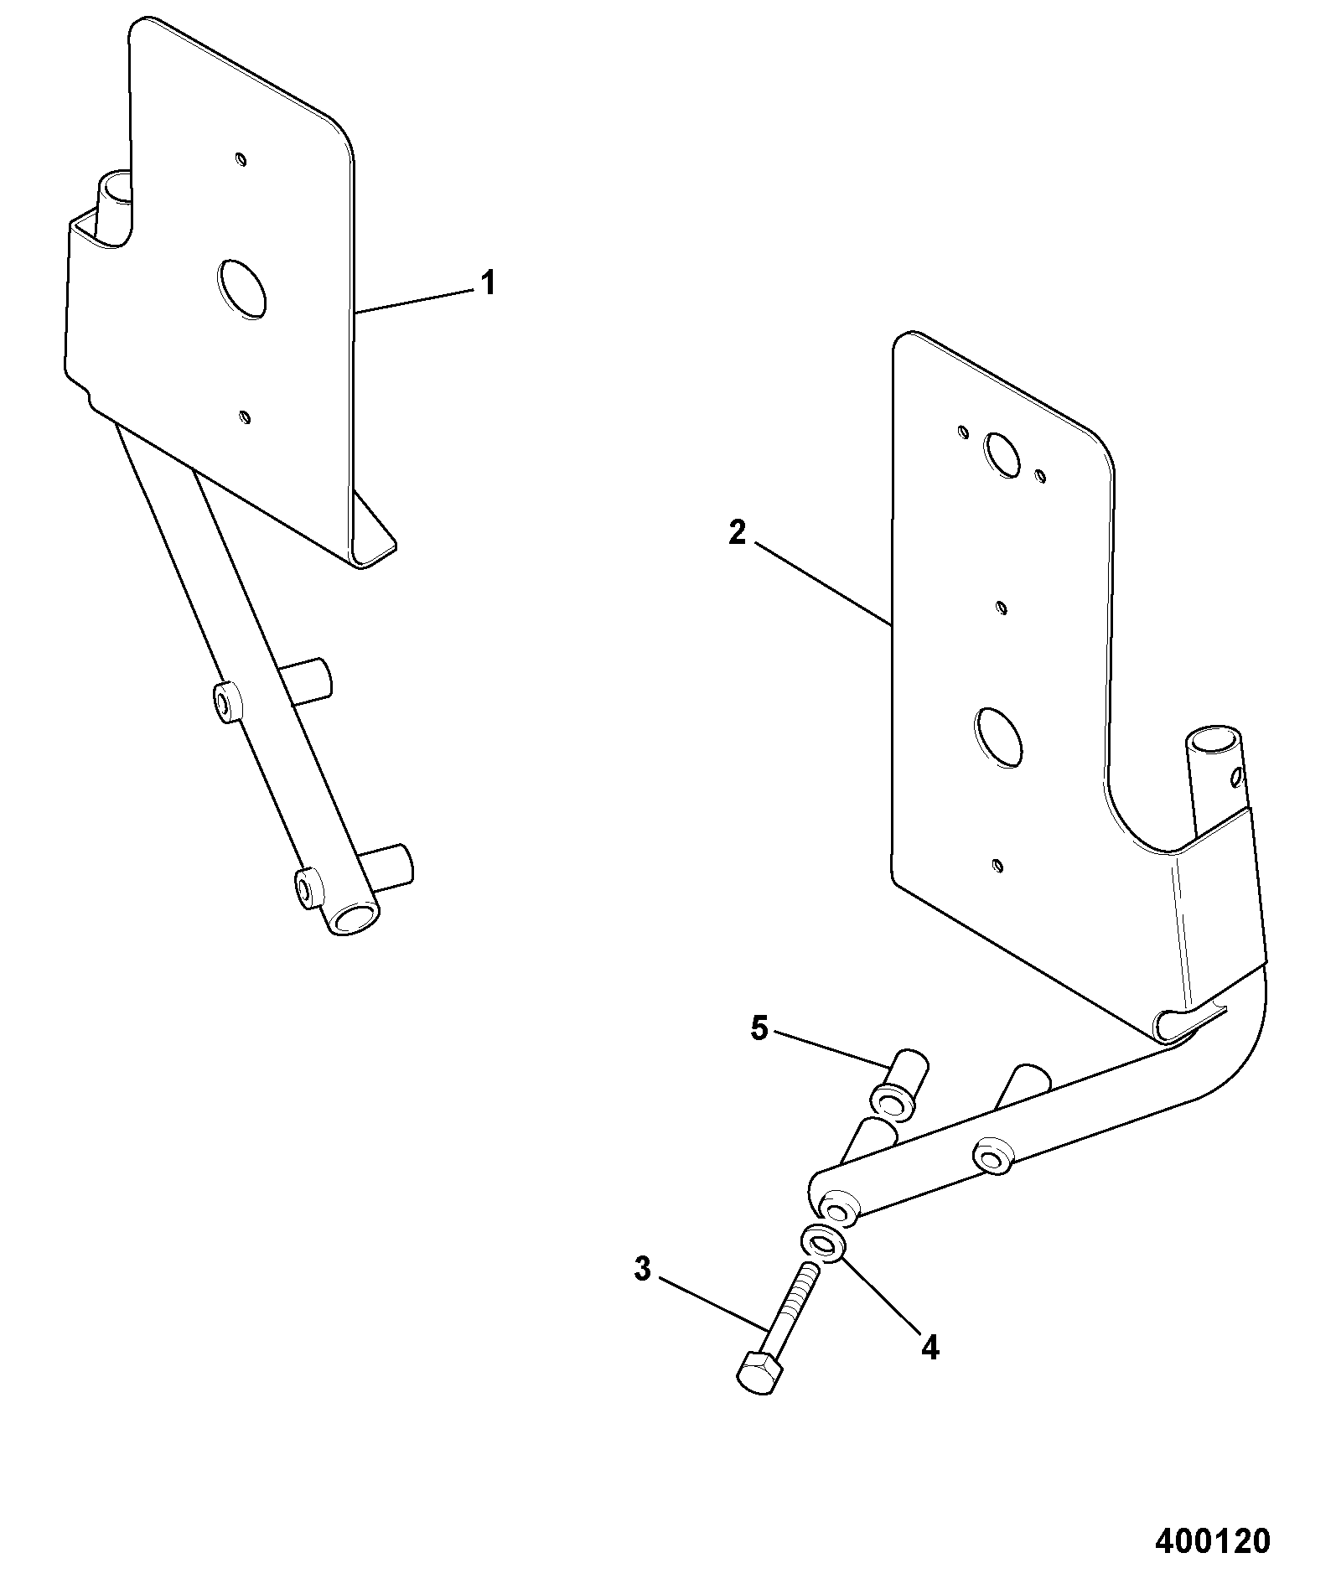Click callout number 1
coord(487,283)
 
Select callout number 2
coord(737,532)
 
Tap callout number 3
coord(642,1293)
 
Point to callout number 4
coord(930,1348)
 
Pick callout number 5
coord(759,1028)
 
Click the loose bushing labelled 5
coord(898,1083)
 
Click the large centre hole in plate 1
coord(242,288)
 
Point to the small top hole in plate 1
coord(241,158)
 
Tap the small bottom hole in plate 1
coord(244,417)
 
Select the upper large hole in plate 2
coord(1002,452)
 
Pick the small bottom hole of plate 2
coord(997,864)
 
